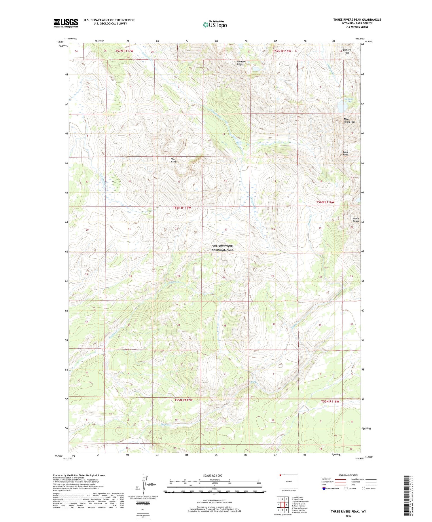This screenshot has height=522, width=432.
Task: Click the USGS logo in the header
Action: [x=66, y=23]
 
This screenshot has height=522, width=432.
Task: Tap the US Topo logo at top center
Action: [x=215, y=25]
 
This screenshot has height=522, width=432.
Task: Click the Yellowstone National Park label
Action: [x=222, y=248]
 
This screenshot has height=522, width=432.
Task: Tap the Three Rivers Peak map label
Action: [x=349, y=120]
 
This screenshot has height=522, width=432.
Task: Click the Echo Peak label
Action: [x=345, y=153]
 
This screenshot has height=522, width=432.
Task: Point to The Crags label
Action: [x=174, y=160]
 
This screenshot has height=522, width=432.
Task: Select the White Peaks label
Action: [x=356, y=220]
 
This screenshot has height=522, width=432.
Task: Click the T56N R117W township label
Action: [x=182, y=208]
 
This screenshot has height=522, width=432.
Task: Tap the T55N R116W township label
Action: [x=330, y=401]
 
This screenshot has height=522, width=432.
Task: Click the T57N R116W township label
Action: [x=282, y=51]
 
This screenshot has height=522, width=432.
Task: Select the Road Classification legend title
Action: [x=348, y=475]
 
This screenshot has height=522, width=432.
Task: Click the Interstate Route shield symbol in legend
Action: [x=324, y=488]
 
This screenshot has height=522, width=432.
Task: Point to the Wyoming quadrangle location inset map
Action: [x=289, y=481]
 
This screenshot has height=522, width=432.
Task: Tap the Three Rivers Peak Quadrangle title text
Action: [x=357, y=20]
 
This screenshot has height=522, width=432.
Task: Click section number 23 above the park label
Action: [x=226, y=229]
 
